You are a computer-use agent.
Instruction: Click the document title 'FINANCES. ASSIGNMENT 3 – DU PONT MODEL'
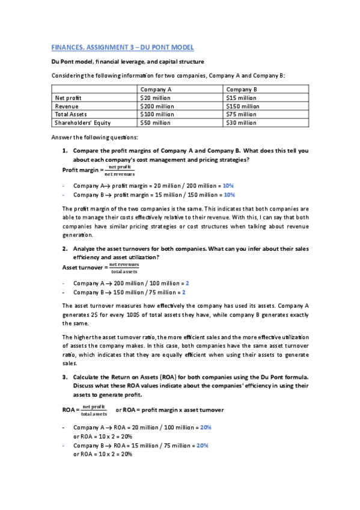(x=122, y=47)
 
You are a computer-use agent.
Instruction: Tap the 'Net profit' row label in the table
(x=69, y=97)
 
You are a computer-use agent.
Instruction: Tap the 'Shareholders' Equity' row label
(x=83, y=123)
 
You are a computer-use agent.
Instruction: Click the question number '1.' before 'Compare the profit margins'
(x=65, y=151)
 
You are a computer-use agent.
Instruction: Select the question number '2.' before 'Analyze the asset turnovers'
(x=65, y=248)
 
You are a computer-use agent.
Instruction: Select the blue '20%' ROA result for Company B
(x=202, y=446)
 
